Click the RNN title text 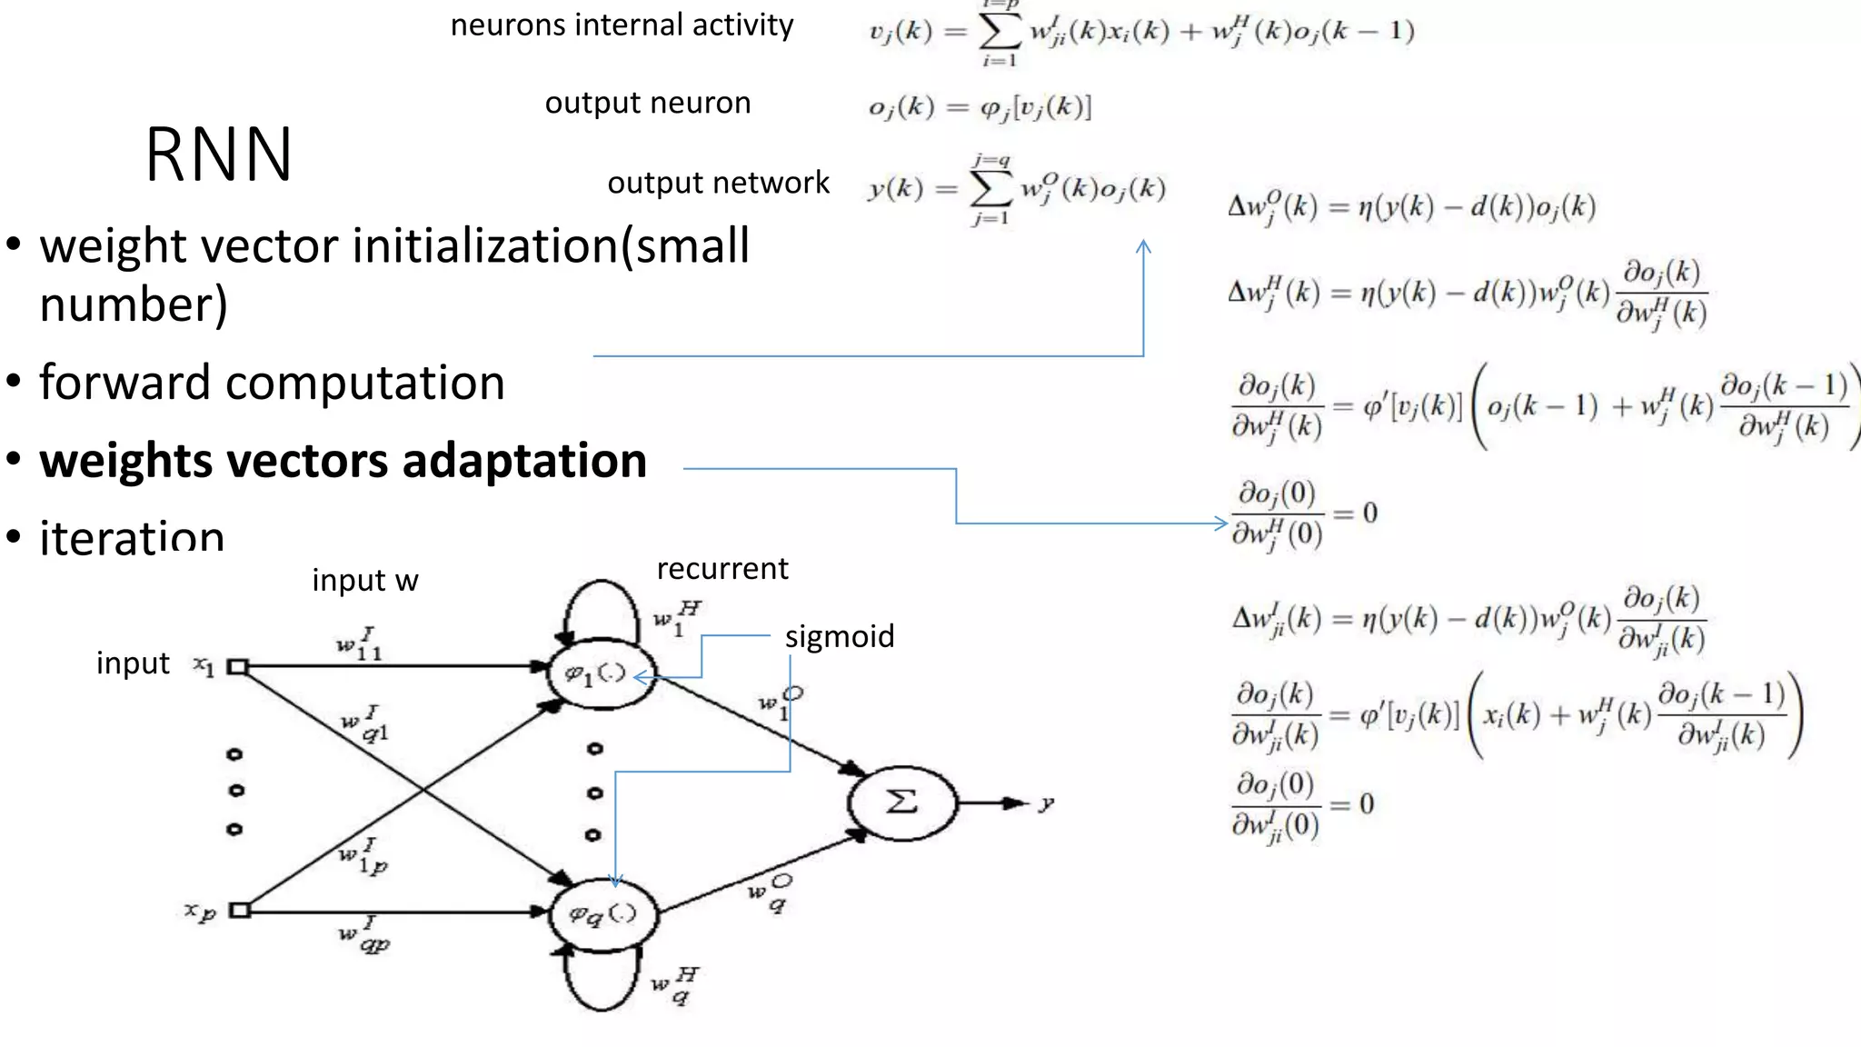pos(218,155)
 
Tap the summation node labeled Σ pos(901,802)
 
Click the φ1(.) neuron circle pos(599,673)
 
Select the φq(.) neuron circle pos(602,913)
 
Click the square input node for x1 pos(237,666)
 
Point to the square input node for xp pos(239,910)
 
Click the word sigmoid pos(839,636)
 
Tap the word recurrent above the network pos(722,569)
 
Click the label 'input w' pos(365,580)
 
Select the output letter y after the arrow pos(1047,803)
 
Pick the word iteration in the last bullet pos(132,537)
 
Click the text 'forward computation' pos(272,383)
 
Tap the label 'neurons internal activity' pos(622,25)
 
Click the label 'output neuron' pos(647,103)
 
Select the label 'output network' pos(718,183)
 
